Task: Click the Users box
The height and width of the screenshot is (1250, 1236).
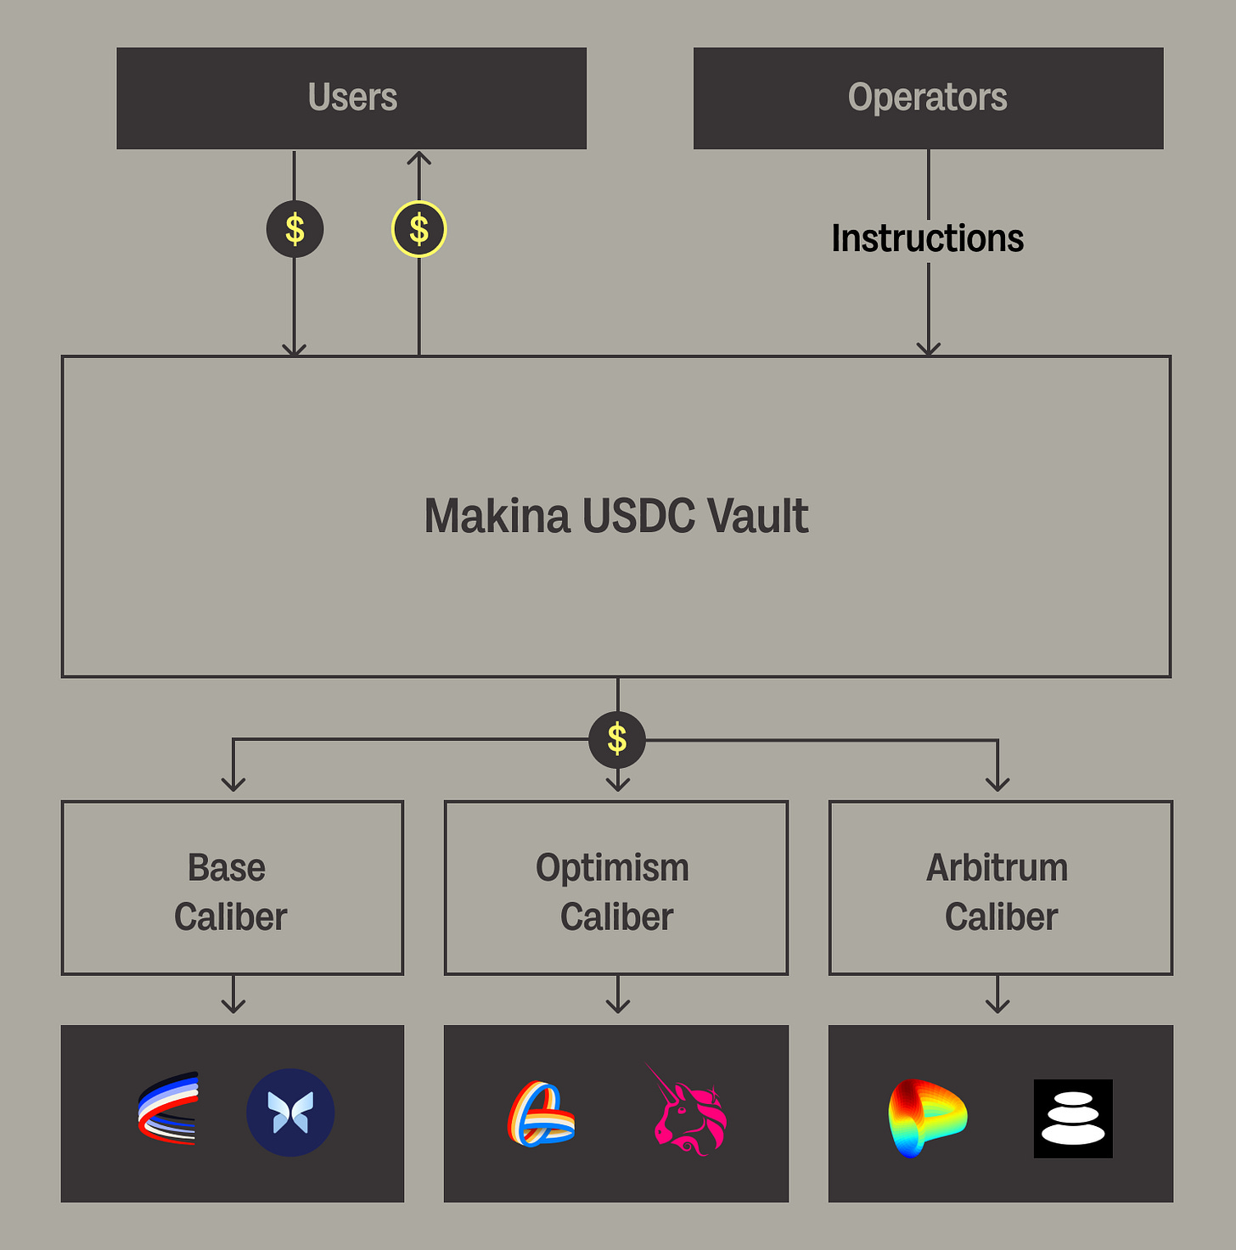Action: (351, 98)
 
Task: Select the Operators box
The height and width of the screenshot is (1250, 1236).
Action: (928, 98)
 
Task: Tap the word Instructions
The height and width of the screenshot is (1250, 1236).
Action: (927, 238)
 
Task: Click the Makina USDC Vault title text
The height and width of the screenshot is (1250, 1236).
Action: (616, 516)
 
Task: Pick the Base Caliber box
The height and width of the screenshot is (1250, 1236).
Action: (232, 888)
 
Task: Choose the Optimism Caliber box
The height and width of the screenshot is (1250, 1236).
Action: (616, 888)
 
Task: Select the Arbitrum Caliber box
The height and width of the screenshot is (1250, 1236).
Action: (1000, 888)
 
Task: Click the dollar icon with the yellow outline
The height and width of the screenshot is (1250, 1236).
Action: (419, 229)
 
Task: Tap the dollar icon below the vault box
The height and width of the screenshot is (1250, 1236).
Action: (617, 740)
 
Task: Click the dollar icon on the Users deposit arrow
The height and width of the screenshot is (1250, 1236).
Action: (295, 229)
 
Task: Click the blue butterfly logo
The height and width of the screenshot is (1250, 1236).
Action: (290, 1113)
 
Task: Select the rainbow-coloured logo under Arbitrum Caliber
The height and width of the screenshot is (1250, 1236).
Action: (927, 1117)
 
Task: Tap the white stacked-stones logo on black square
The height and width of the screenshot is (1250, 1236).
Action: (1073, 1118)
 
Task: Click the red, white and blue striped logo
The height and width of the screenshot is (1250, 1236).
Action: (169, 1108)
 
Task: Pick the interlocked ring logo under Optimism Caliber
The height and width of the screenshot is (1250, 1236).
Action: (542, 1113)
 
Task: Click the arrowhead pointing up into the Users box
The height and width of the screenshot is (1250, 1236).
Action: (419, 158)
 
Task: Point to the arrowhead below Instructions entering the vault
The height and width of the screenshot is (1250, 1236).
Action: (929, 349)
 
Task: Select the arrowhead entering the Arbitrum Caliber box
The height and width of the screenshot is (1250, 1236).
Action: (997, 784)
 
